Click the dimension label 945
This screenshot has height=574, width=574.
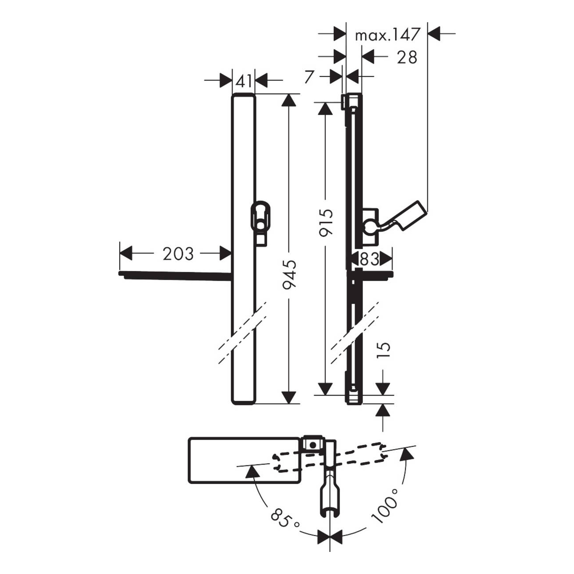(x=289, y=274)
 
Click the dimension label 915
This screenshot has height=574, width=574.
(x=325, y=223)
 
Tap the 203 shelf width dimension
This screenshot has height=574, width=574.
(x=178, y=254)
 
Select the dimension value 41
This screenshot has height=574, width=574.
(x=244, y=81)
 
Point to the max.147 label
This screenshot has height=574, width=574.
(x=388, y=35)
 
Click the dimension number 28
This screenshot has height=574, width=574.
(x=407, y=57)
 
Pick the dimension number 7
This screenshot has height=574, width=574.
(x=309, y=77)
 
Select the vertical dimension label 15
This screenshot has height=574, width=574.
(x=384, y=351)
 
